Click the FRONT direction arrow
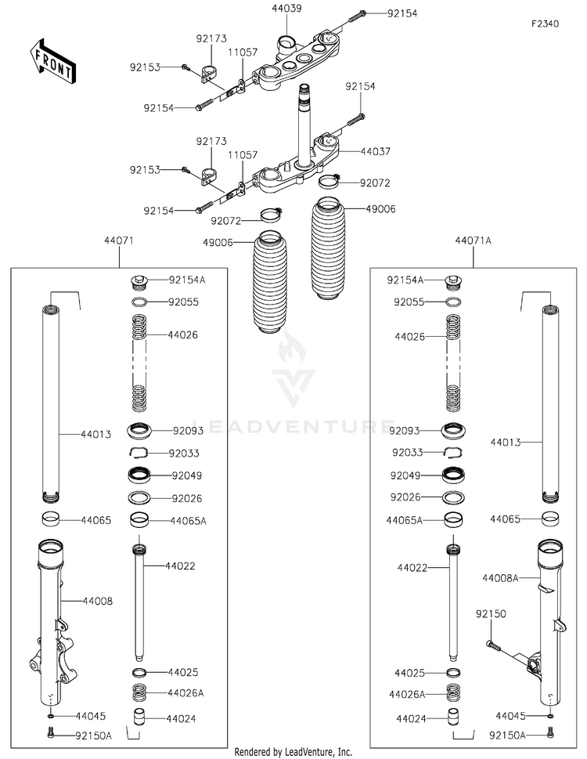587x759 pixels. pos(51,60)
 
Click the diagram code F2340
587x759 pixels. pos(546,23)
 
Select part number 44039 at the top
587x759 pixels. pos(286,9)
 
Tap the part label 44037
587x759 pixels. pos(376,151)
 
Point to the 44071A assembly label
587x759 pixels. pos(473,240)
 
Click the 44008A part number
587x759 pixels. pos(500,577)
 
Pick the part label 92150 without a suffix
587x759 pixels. pos(491,614)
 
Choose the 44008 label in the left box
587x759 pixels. pos(98,602)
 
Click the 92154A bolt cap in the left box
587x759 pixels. pos(139,280)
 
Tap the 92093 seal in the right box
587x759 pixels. pos(453,430)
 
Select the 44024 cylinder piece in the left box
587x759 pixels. pos(139,717)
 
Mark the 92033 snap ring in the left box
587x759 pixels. pos(139,452)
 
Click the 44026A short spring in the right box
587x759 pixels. pos(453,693)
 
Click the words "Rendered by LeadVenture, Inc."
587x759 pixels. pos(293,752)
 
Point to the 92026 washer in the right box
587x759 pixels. pos(453,497)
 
